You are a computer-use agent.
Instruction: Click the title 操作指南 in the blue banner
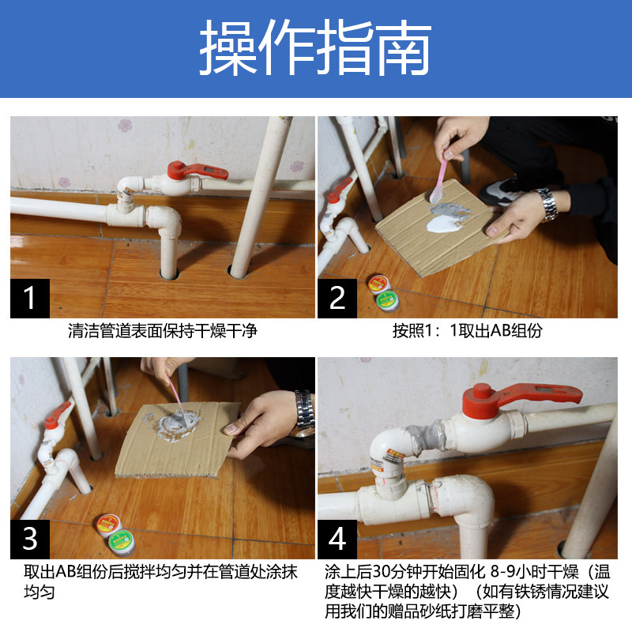coord(315,47)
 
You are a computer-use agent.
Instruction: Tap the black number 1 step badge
coord(30,299)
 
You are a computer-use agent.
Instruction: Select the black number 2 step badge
coord(337,299)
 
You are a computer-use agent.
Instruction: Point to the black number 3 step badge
coord(30,539)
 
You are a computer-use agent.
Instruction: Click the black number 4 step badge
coord(337,539)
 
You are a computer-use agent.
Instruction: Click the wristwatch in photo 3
coord(304,414)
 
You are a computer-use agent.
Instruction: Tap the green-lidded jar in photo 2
coord(387,301)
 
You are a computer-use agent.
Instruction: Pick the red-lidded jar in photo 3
coord(109,525)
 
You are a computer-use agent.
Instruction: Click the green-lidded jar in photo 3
coord(122,542)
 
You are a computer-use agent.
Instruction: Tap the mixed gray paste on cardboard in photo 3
coord(175,424)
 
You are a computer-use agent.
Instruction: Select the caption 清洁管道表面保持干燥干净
coord(163,331)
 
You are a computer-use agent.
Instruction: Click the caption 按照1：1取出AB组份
coord(467,331)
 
